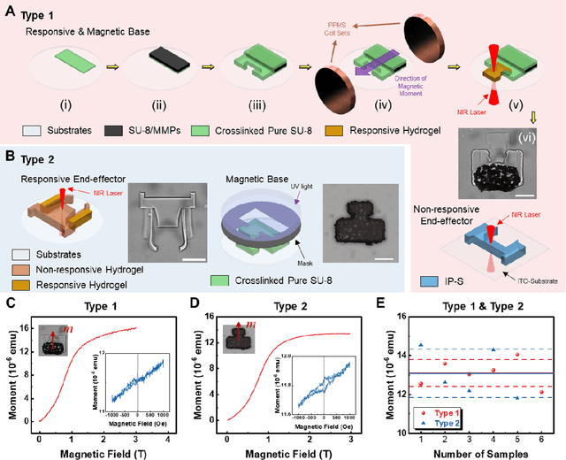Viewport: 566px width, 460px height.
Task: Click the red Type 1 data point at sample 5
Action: coord(516,355)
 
